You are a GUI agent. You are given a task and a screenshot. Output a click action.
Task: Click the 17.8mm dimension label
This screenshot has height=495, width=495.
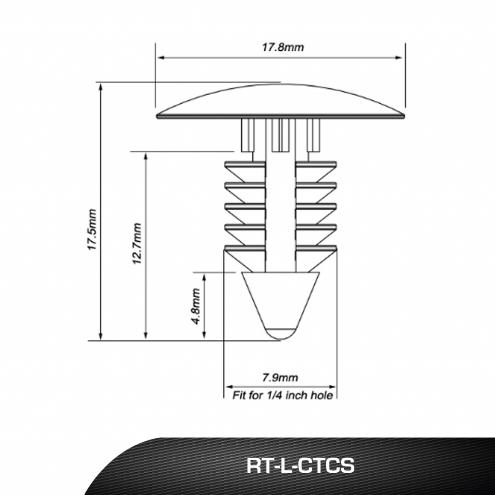coord(283,47)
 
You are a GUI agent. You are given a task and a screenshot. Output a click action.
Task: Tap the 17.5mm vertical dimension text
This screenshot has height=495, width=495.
coord(92,229)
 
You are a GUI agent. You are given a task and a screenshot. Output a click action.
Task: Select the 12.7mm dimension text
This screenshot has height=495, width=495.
coord(137,244)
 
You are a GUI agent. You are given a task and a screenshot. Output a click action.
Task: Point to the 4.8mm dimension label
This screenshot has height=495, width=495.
coord(196,306)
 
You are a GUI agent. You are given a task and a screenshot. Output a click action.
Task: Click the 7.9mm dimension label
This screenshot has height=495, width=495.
coord(280,378)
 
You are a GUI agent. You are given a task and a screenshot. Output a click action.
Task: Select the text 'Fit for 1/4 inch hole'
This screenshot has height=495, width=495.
coord(282,395)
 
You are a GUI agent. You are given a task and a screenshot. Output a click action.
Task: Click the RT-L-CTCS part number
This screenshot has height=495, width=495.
coord(300,466)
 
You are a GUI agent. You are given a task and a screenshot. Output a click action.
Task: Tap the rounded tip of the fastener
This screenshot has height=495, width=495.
coord(281,334)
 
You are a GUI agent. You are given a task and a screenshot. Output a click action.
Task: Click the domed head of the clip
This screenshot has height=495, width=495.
coord(280,102)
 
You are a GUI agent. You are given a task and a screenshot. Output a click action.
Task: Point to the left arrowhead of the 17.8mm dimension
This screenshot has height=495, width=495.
coord(161,58)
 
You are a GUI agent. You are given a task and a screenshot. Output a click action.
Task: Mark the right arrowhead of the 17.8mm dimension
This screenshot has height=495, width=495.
coord(399,58)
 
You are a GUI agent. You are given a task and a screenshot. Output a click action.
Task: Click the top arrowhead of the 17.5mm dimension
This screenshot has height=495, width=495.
coord(101,87)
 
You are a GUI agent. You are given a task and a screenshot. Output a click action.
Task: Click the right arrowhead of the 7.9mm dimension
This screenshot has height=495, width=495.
coord(332,387)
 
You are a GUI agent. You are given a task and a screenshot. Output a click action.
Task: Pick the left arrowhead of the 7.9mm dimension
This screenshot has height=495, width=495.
coord(229,387)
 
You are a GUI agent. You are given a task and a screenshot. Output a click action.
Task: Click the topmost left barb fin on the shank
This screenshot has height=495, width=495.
coord(245,171)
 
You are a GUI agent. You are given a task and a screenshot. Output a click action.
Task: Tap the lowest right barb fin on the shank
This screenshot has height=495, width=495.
coord(316,258)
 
